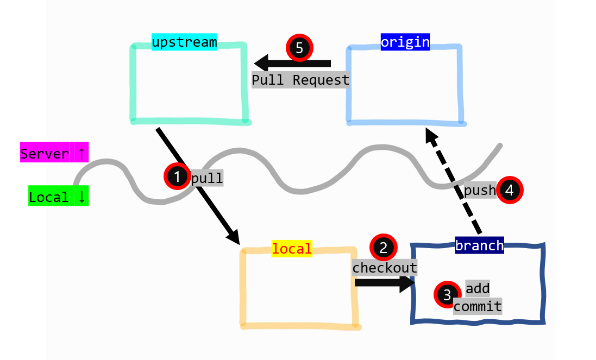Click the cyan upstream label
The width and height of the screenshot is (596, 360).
click(x=184, y=42)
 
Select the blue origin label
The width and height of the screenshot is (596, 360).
click(x=405, y=42)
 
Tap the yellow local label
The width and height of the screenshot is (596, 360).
click(x=292, y=249)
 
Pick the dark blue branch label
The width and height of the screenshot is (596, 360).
click(x=479, y=245)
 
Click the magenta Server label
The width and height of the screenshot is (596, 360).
click(x=54, y=154)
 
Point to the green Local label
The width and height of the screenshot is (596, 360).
click(x=58, y=197)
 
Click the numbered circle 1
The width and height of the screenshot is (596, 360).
click(x=177, y=176)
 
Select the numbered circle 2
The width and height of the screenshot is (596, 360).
click(x=384, y=248)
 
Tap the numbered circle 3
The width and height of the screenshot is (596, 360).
click(x=447, y=295)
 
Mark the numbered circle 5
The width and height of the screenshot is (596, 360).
click(x=299, y=47)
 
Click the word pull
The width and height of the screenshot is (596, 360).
click(x=207, y=178)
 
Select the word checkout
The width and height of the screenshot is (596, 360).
click(x=385, y=268)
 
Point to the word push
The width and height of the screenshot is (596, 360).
click(x=480, y=190)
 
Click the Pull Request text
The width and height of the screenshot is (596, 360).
click(x=300, y=80)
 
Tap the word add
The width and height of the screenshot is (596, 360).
click(x=478, y=288)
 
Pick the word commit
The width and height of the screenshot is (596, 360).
click(x=478, y=306)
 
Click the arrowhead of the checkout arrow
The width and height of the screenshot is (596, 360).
click(x=407, y=283)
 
